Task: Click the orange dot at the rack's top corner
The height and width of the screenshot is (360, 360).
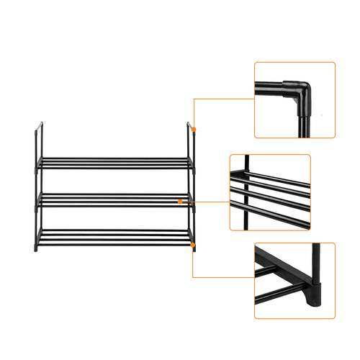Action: click(x=194, y=130)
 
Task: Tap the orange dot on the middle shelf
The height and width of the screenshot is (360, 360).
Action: click(x=194, y=202)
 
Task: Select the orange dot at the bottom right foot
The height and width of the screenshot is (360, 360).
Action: click(x=194, y=246)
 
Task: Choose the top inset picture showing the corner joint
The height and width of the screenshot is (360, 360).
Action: click(x=294, y=100)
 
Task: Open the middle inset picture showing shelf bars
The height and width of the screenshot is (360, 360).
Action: click(x=270, y=192)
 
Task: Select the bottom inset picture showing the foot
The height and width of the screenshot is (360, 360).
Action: click(x=294, y=281)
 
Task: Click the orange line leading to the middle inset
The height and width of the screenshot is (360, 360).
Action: click(x=213, y=202)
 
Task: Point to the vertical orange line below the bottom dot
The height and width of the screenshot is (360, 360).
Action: click(x=194, y=263)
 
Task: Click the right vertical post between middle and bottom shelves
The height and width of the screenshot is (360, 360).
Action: click(x=193, y=220)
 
